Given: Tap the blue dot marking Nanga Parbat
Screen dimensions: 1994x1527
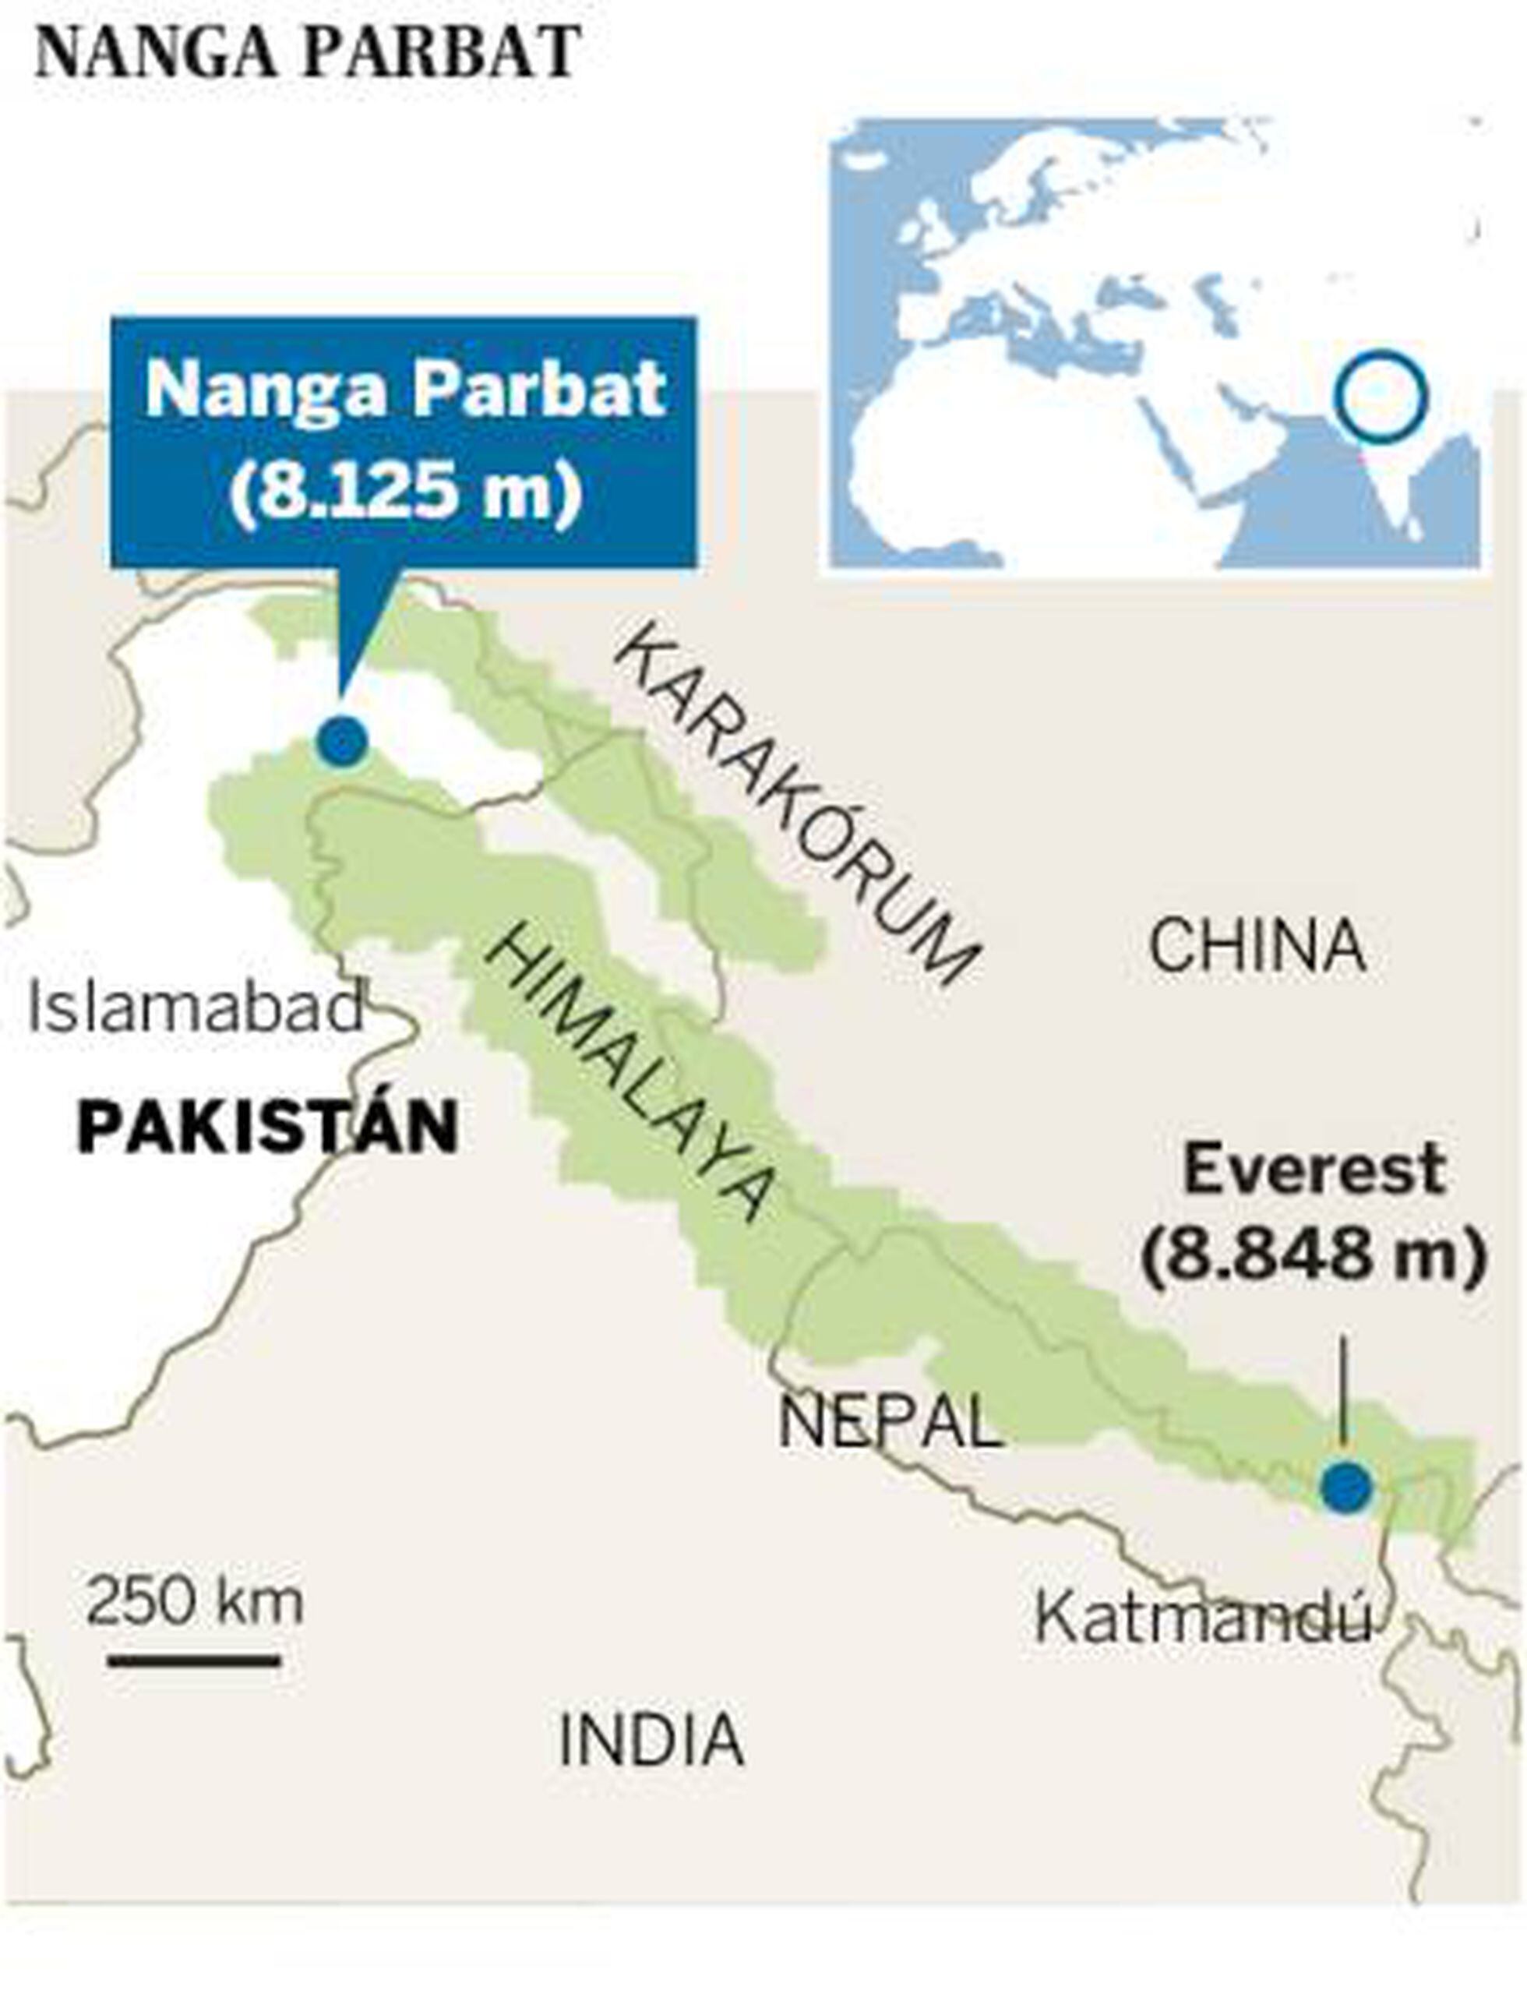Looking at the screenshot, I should point(343,741).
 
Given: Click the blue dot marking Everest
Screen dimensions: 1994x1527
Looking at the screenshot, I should point(1346,1488).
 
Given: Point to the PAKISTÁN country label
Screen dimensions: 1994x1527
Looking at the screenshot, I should point(267,1128).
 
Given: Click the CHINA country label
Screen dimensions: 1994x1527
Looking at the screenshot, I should point(1257,946).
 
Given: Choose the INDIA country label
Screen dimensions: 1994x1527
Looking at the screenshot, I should point(651,1739).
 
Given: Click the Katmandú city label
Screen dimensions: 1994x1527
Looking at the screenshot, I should point(1201,1618).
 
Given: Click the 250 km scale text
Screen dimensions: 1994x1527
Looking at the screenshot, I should point(195,1601).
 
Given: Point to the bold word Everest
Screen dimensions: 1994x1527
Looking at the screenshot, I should point(1314,1170).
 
